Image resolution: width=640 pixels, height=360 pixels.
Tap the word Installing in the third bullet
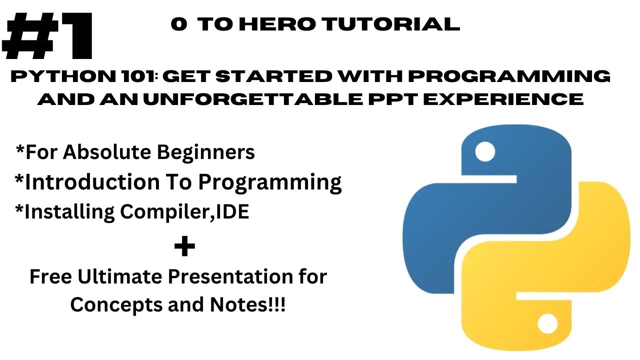click(x=69, y=212)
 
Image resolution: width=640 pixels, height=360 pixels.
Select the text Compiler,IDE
click(x=184, y=212)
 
